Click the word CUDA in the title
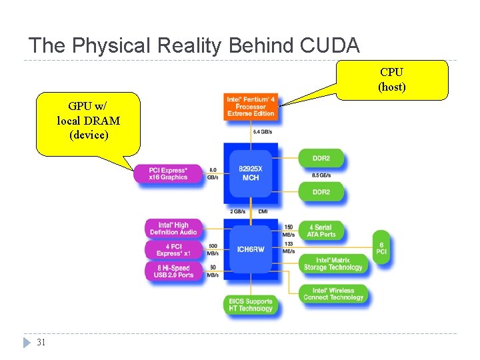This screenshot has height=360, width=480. point(330,45)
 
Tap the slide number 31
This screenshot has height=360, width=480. point(41,343)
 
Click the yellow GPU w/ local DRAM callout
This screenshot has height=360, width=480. point(89,124)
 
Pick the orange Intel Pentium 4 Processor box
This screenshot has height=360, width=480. point(251,107)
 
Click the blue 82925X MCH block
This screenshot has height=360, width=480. point(251,173)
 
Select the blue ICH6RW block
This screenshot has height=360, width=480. point(251,249)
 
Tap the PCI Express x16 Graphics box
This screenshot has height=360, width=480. point(169,173)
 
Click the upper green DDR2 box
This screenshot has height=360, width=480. point(321,159)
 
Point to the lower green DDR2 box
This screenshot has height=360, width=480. point(321,192)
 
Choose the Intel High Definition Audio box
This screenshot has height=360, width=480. point(173,229)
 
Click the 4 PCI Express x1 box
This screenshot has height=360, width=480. point(173,250)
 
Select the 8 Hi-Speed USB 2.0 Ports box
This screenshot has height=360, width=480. point(173,271)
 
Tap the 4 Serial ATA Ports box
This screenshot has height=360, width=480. point(321,231)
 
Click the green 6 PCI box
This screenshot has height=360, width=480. point(381,248)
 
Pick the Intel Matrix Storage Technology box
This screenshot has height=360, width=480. point(333,264)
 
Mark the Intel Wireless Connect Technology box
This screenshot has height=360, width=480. point(333,293)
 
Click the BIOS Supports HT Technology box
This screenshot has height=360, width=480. point(251,305)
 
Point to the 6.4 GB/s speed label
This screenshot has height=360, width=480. point(261,132)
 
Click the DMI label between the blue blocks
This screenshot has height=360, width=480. point(263,211)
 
